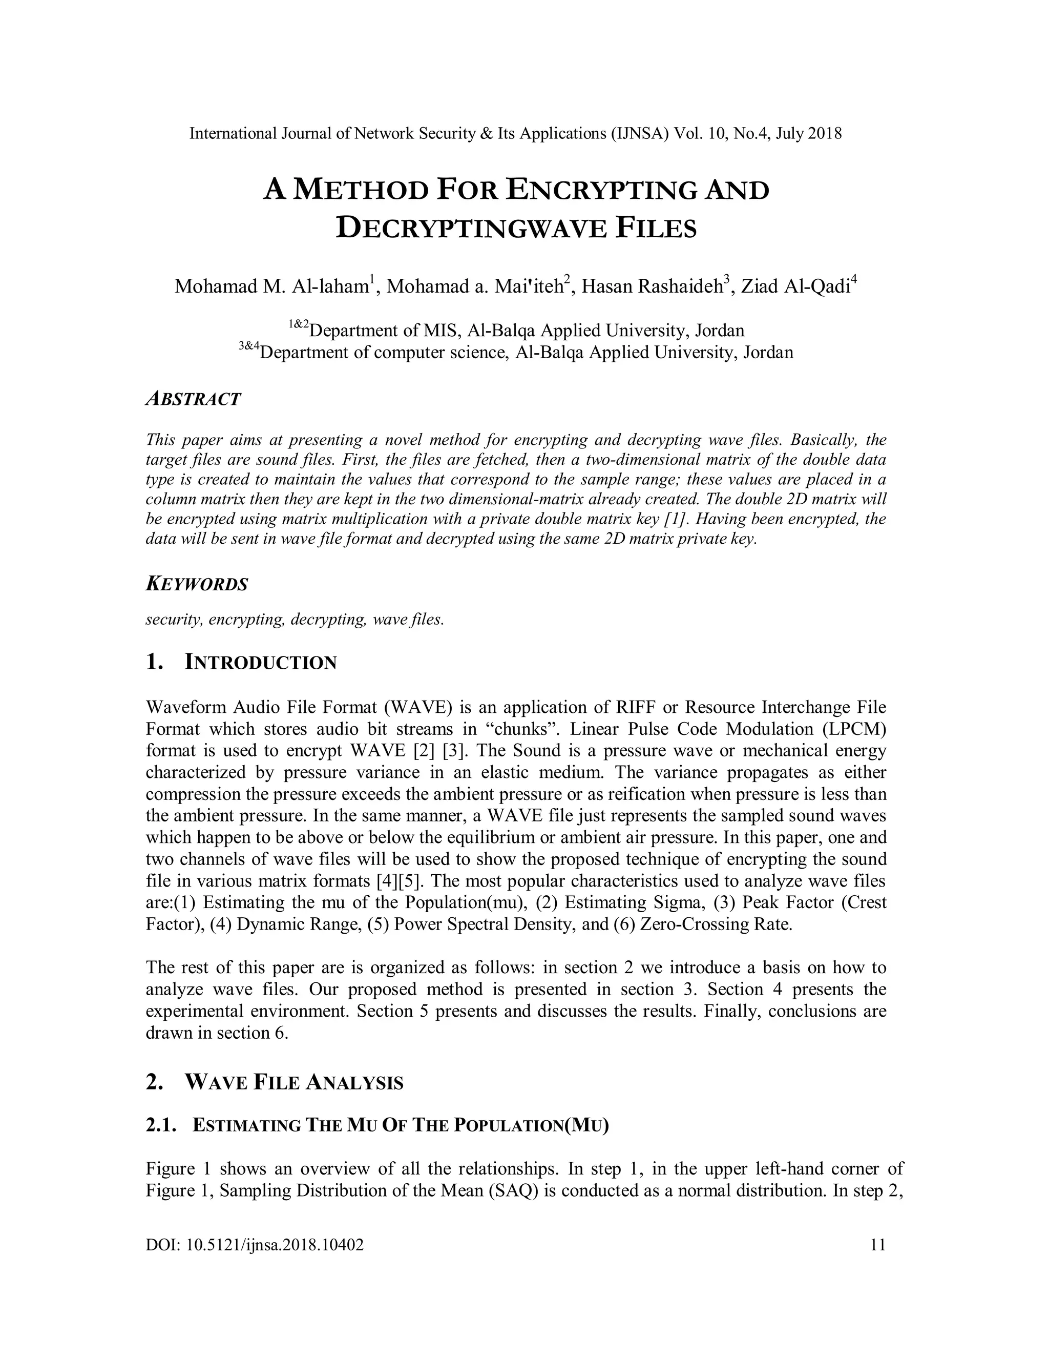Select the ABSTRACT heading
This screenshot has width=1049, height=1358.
click(x=193, y=399)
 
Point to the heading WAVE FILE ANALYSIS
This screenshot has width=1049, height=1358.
click(x=294, y=1082)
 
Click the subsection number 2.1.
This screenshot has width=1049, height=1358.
click(x=162, y=1125)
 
